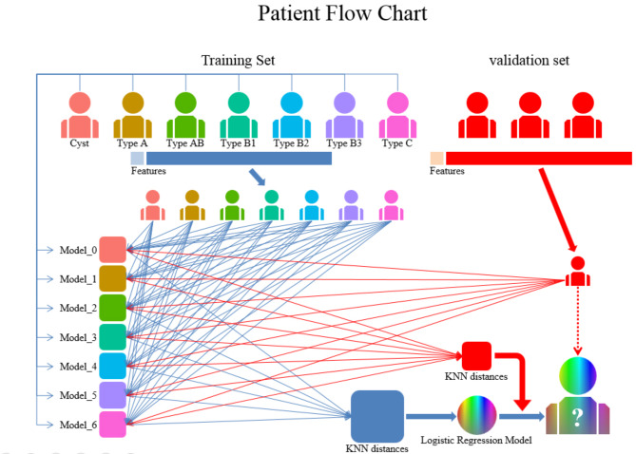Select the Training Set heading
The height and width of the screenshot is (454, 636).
[x=238, y=61]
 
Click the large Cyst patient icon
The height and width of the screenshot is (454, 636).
[x=81, y=113]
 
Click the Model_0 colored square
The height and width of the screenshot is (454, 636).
[x=112, y=251]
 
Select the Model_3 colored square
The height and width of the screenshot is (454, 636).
[x=112, y=337]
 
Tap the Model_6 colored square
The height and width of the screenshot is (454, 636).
[x=112, y=424]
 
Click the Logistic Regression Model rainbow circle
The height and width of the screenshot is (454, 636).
[x=474, y=413]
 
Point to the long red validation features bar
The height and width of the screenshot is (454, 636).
[x=538, y=158]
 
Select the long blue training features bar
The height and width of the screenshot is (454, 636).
[x=239, y=158]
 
